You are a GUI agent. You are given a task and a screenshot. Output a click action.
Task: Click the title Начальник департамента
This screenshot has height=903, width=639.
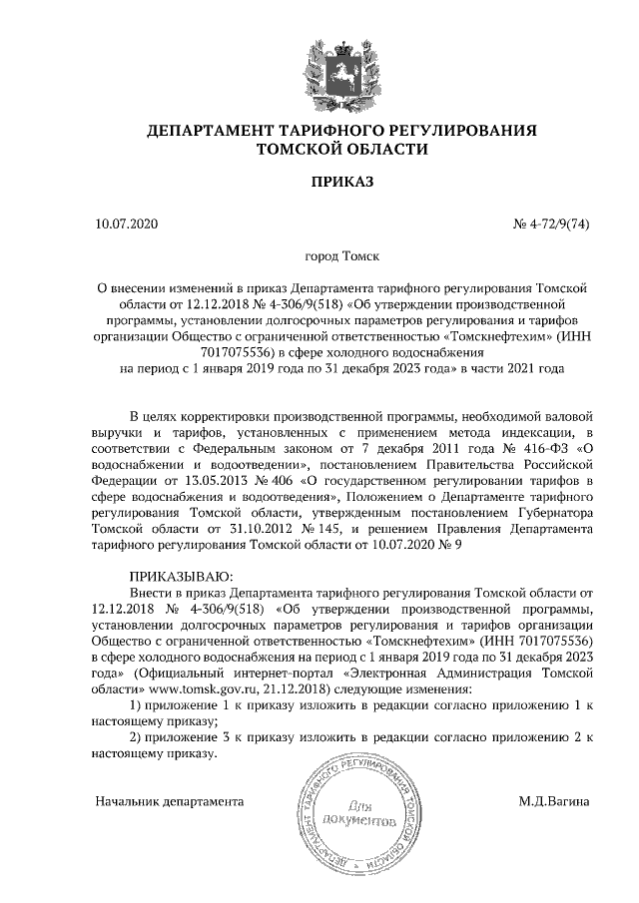point(170,800)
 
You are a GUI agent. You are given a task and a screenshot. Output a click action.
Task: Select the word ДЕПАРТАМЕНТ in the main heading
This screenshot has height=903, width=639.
point(209,131)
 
